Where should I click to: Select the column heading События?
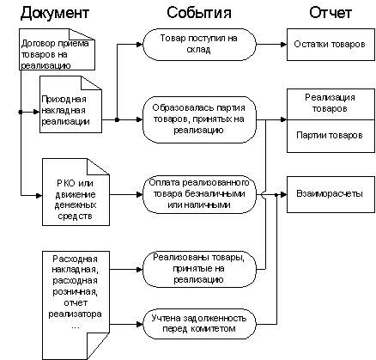198,13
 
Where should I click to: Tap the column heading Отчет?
327,13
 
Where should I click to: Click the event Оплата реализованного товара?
198,192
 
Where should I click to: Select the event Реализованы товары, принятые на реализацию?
198,269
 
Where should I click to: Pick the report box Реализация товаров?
326,105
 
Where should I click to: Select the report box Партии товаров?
326,135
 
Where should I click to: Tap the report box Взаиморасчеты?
326,194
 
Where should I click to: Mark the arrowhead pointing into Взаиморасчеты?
282,194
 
